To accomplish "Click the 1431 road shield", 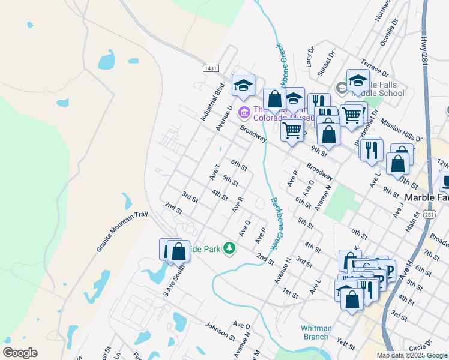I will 210,68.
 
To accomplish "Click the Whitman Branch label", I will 315,332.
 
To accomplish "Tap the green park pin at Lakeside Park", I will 229,247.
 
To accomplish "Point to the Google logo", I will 20,353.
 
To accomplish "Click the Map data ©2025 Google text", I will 411,355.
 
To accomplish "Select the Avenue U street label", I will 224,118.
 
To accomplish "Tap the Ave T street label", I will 215,171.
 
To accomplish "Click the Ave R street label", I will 237,205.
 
